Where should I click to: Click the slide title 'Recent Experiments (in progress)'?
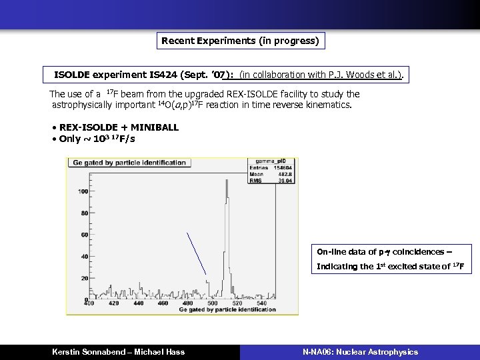241,41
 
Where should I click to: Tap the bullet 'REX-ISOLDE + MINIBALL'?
119,127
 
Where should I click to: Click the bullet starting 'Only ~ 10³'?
97,139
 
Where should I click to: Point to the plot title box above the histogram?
129,162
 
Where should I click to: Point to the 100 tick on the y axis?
83,192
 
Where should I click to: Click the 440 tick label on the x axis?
138,303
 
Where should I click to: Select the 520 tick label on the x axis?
236,303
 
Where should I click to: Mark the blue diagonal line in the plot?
196,253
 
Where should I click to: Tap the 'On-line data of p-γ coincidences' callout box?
393,259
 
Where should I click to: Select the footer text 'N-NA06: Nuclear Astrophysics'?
360,352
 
